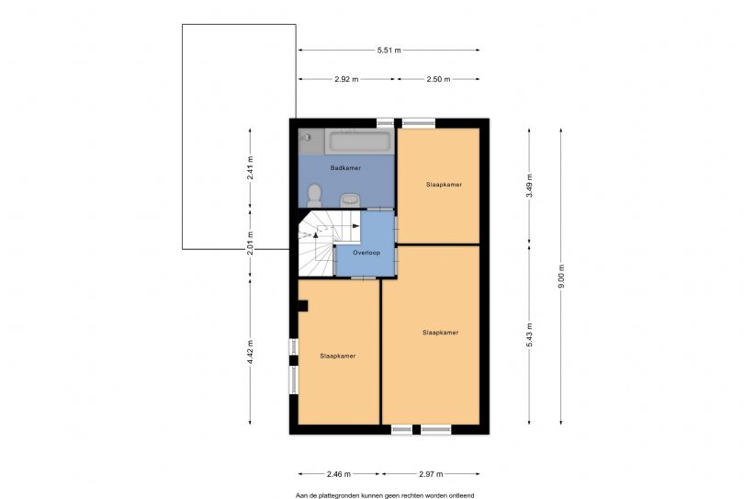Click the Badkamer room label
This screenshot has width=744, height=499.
click(345, 169)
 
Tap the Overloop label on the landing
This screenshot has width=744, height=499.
click(366, 251)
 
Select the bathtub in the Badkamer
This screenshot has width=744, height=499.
click(360, 141)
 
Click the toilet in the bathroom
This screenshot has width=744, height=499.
click(314, 194)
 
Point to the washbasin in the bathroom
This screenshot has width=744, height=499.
click(350, 199)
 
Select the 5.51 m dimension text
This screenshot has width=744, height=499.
click(389, 51)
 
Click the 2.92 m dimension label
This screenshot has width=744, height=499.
click(347, 80)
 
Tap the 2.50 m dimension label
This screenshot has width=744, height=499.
click(438, 80)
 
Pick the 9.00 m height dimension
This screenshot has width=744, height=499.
click(560, 276)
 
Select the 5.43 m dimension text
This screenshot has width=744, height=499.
click(528, 333)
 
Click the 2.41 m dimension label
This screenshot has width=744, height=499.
click(251, 166)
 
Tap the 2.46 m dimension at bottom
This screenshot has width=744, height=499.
click(338, 474)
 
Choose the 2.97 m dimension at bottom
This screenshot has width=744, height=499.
click(430, 474)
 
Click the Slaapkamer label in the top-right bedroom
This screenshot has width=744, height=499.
click(444, 185)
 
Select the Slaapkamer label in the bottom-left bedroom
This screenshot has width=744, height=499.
click(337, 355)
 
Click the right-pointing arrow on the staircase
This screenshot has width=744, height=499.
click(355, 226)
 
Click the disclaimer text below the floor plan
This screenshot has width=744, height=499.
click(385, 494)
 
